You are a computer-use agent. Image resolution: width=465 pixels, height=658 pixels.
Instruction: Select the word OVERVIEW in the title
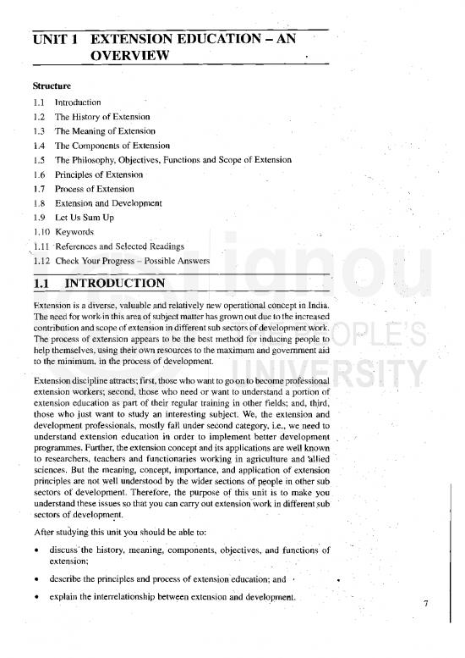point(129,56)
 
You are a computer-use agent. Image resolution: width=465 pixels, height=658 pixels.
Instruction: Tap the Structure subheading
point(52,86)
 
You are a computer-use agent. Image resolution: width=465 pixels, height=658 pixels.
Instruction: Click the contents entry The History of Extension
point(102,116)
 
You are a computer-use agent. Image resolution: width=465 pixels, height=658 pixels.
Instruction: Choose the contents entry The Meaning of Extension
point(105,130)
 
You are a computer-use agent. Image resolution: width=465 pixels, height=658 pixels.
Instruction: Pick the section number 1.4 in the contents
point(39,146)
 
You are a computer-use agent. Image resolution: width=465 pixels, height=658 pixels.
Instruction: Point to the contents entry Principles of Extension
point(99,174)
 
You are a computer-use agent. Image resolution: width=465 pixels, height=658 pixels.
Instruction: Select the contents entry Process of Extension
point(95,189)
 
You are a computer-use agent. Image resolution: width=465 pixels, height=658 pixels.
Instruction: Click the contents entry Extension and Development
point(108,203)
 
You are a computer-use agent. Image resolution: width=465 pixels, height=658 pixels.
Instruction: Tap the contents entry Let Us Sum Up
point(85,218)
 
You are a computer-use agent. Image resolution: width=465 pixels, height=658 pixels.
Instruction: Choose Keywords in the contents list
point(74,232)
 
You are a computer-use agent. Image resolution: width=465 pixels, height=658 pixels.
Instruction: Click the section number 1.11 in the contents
point(40,246)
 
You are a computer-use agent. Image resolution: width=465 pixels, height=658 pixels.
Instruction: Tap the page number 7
point(427,604)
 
